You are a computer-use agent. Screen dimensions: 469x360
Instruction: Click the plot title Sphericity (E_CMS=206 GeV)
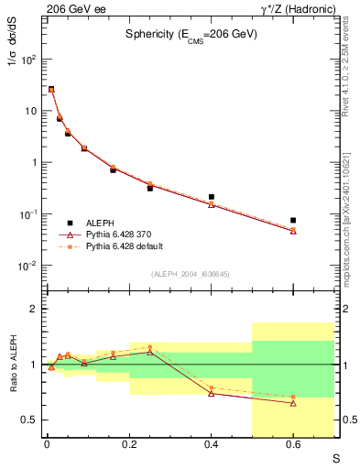coord(191,34)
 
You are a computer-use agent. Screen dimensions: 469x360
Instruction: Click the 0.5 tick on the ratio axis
coord(30,420)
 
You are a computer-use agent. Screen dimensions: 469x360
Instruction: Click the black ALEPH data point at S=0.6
coord(293,221)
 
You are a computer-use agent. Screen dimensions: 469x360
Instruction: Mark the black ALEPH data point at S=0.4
coord(212,197)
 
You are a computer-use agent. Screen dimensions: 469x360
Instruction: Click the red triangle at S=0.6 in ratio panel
coord(293,403)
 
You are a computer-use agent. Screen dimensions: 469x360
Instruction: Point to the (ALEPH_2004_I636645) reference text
coord(191,274)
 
